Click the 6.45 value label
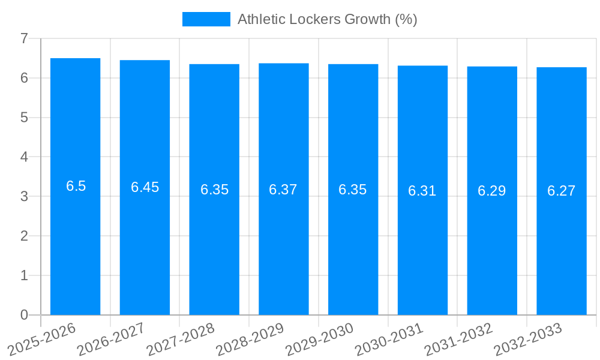(145, 187)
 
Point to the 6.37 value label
(283, 190)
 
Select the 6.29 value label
(492, 191)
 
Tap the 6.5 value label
(76, 186)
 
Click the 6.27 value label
(562, 191)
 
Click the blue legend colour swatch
(206, 19)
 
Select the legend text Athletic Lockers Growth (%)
(327, 19)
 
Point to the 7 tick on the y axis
(24, 38)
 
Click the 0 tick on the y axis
(24, 315)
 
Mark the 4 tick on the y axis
(24, 157)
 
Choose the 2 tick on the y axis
(24, 236)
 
